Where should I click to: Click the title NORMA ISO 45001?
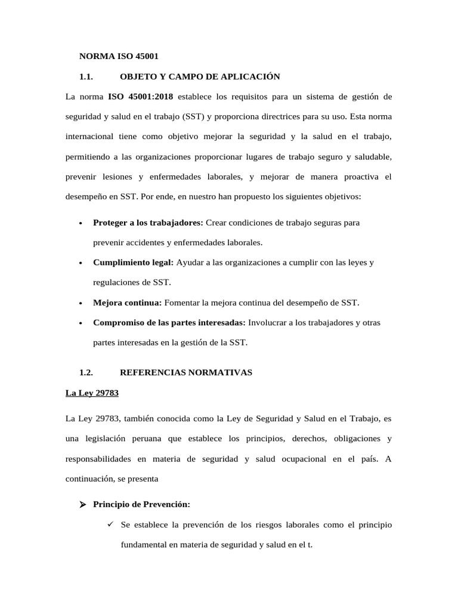tap(119, 57)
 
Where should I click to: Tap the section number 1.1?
tap(87, 76)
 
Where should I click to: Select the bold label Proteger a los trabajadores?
tap(148, 223)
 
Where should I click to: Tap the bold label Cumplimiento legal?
tap(133, 263)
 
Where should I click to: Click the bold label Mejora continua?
tap(127, 303)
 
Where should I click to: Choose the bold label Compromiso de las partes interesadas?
tap(169, 322)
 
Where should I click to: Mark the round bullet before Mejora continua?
tap(80, 303)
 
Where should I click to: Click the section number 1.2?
tap(87, 372)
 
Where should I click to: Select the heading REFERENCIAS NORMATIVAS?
tap(186, 372)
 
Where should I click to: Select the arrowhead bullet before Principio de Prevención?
tap(83, 505)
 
